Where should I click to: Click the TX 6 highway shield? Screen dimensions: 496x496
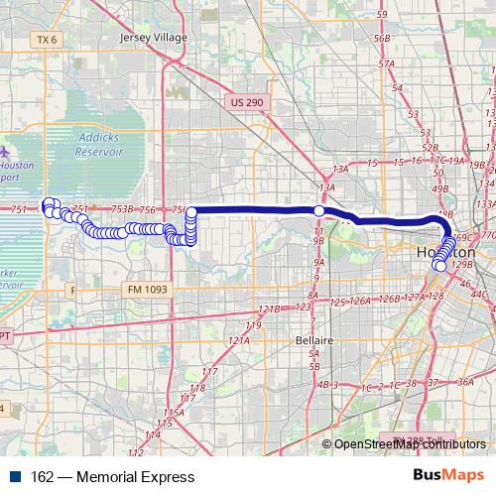(x=46, y=39)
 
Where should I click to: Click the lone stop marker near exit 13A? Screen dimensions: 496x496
(x=319, y=210)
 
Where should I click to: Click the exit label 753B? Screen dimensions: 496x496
(x=122, y=209)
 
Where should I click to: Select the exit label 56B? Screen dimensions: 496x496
(x=383, y=38)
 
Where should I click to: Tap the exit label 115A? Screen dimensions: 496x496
(x=175, y=411)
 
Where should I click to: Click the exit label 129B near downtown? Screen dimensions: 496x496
(x=461, y=265)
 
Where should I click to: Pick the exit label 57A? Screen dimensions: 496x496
(x=386, y=62)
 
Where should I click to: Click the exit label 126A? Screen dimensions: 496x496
(x=360, y=300)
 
